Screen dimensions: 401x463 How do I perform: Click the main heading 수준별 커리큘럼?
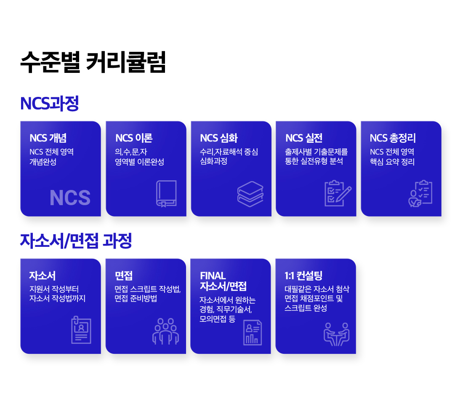(x=93, y=63)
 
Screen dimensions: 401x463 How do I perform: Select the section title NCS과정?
(x=49, y=104)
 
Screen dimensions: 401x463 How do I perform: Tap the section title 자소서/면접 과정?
(x=76, y=241)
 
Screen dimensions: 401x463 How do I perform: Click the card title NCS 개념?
(x=48, y=138)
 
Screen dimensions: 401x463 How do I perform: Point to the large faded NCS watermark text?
(x=70, y=198)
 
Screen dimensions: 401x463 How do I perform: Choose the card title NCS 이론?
(x=134, y=138)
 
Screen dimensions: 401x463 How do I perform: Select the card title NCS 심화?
(x=219, y=138)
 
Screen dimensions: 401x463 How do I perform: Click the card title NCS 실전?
(x=304, y=138)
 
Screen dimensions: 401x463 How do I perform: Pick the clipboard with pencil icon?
(x=337, y=193)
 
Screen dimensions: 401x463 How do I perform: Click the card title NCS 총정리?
(x=393, y=138)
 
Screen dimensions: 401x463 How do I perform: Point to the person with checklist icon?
(x=420, y=193)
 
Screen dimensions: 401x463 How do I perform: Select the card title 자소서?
(x=42, y=276)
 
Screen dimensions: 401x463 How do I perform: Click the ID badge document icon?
(x=81, y=330)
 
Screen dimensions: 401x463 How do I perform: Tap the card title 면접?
(x=124, y=276)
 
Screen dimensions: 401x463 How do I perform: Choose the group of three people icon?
(x=165, y=331)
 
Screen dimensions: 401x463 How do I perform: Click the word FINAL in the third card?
(x=213, y=276)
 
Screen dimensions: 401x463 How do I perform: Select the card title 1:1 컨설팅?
(x=303, y=276)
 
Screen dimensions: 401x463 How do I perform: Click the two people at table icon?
(x=336, y=334)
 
